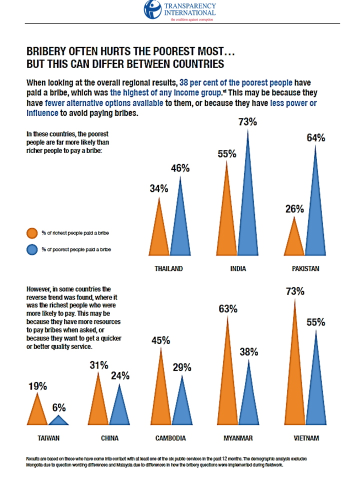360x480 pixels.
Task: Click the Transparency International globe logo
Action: coord(152,9)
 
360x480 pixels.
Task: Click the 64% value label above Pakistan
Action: coord(316,138)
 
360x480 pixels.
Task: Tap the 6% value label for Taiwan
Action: coord(59,408)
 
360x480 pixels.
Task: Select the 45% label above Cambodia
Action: coord(160,340)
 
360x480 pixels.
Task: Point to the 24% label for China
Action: coord(120,375)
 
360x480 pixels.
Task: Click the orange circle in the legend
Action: coord(32,233)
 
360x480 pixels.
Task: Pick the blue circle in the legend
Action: coord(32,250)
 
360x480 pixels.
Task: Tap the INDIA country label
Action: coord(238,269)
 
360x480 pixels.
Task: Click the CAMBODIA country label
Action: coord(170,438)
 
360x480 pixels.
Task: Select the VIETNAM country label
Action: coord(306,438)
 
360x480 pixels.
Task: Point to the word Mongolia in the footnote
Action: coord(34,465)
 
